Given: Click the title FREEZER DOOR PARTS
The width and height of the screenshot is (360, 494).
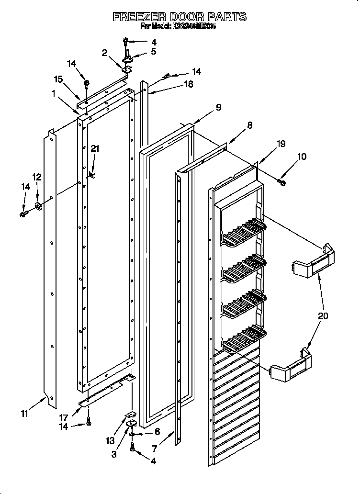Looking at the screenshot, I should point(180,17).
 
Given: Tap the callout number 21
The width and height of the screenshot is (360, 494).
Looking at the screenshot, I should point(95,149).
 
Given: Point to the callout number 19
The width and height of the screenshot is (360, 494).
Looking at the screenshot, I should point(281,143).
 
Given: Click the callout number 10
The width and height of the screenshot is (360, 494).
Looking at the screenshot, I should point(302,157).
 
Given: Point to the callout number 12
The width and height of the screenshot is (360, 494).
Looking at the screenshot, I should point(37,177).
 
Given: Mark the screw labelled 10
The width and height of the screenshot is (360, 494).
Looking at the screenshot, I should point(281,181).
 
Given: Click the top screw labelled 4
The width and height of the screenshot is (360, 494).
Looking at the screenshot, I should point(125,41).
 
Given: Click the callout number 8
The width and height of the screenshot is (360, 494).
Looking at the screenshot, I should point(249,125).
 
